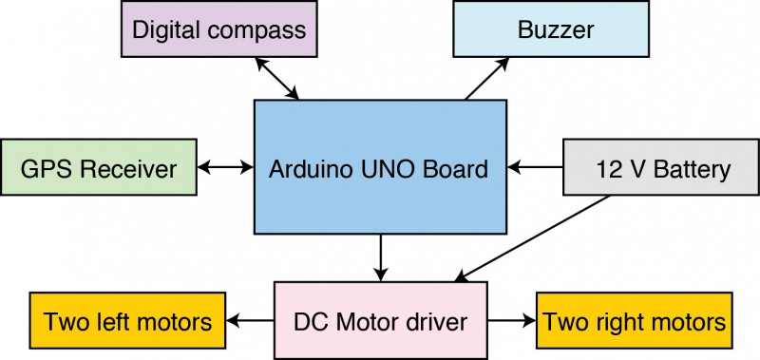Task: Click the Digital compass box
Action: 219,29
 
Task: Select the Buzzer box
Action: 551,29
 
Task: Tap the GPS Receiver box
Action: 99,167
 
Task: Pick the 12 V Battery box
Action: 661,167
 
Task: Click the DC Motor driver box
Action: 381,321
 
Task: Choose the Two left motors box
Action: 127,320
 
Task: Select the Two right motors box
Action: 634,320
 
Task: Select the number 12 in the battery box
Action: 606,169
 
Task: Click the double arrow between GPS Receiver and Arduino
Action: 225,167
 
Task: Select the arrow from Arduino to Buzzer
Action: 486,79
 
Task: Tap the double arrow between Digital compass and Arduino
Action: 276,78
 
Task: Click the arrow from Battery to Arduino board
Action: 535,167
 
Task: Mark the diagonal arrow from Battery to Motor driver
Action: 532,238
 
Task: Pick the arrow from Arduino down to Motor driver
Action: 381,257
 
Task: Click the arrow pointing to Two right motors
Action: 512,320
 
